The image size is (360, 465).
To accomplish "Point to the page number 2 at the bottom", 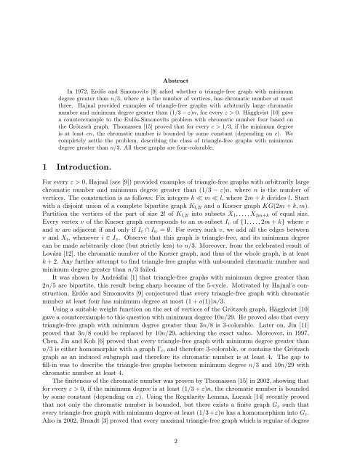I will coord(180,440).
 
